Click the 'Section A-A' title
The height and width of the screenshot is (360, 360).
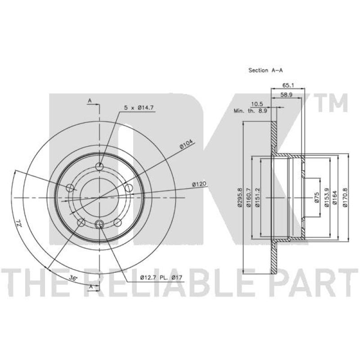(265, 70)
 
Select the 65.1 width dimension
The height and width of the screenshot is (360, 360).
(288, 85)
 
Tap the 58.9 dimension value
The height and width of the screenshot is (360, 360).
(286, 94)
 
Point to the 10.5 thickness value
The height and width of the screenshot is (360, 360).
(257, 104)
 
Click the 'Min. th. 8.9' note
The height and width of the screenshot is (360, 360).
(250, 111)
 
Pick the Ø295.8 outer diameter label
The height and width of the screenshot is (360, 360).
(240, 197)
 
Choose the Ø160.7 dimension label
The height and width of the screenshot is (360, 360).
(248, 197)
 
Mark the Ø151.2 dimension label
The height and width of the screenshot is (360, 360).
(257, 197)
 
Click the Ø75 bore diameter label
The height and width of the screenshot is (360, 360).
(317, 197)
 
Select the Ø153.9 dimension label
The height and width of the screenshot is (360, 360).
(327, 197)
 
